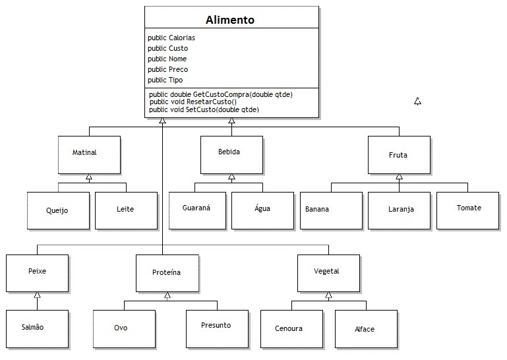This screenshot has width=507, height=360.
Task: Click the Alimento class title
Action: [x=230, y=20]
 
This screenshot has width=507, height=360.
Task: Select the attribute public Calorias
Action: [x=171, y=38]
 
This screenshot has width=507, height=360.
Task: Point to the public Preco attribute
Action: [x=168, y=69]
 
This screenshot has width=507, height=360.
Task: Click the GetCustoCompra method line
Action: [x=221, y=94]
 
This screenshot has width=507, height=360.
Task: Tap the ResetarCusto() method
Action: [x=193, y=102]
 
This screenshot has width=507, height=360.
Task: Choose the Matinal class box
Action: [x=89, y=155]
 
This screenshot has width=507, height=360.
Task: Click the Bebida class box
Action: [x=231, y=155]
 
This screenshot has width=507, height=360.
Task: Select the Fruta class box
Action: [x=399, y=155]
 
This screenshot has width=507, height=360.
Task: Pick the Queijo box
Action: [x=58, y=210]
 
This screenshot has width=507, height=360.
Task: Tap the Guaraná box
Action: [x=197, y=210]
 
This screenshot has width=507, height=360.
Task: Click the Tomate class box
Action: [x=467, y=210]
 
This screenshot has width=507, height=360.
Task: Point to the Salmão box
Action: [x=37, y=329]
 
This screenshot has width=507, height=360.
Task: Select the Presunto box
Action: [x=218, y=329]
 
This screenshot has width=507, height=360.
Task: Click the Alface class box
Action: [x=366, y=329]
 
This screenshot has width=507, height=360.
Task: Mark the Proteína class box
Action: [x=167, y=274]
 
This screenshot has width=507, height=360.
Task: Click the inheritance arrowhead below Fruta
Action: [x=400, y=177]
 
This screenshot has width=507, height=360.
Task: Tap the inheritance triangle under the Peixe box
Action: [x=37, y=295]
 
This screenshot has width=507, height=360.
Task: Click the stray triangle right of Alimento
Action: [x=418, y=102]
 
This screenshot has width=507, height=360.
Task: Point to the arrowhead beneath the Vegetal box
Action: [x=329, y=295]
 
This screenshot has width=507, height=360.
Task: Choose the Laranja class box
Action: [x=399, y=210]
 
